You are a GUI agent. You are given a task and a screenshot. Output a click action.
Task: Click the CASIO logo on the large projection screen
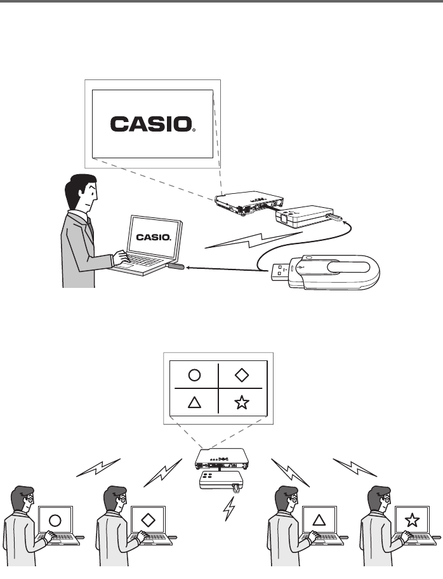(x=152, y=123)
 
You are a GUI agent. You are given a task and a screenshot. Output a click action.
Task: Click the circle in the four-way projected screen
(x=194, y=374)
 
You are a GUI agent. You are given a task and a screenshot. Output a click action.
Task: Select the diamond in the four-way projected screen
(x=241, y=374)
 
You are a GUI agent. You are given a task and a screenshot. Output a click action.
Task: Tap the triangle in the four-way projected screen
(x=194, y=403)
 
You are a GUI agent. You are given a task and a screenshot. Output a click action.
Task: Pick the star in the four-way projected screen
(x=241, y=403)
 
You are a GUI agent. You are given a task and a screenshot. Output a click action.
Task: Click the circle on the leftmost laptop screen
(x=55, y=521)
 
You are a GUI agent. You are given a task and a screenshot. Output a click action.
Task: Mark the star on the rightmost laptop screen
(x=411, y=521)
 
